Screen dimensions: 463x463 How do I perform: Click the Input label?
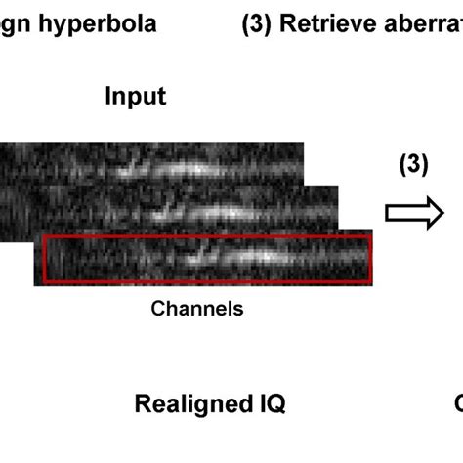135,97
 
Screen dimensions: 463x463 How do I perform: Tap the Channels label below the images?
196,309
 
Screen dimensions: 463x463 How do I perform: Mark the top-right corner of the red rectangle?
371,236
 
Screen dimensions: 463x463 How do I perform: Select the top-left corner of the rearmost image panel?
1,144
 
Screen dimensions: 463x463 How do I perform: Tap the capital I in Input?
108,97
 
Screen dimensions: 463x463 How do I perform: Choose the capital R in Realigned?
141,403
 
